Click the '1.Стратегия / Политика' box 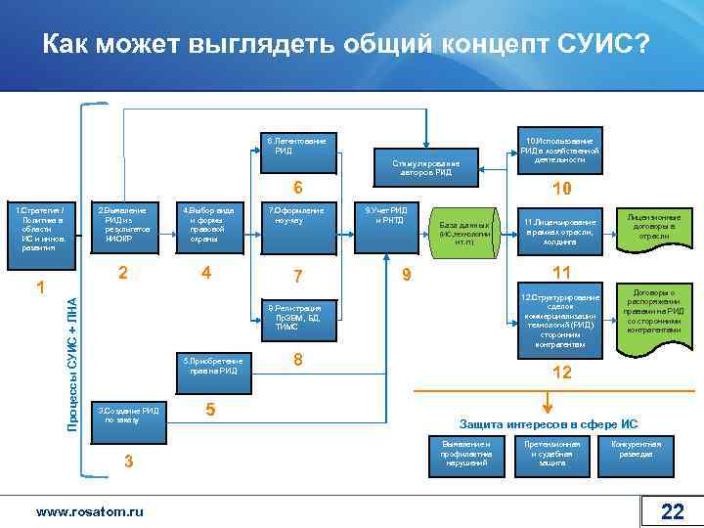pyautogui.click(x=40, y=230)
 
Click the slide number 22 pyautogui.click(x=672, y=511)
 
